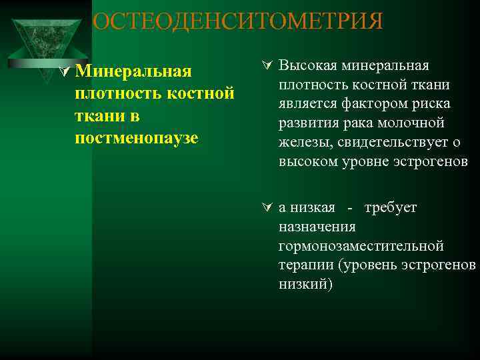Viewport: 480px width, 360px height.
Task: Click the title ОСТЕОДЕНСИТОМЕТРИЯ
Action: pos(238,21)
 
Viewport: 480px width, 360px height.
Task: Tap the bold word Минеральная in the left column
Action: pos(133,71)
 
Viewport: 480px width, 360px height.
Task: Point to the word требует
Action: pos(391,207)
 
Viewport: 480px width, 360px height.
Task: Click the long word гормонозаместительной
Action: pos(361,246)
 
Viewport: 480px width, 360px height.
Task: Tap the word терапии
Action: pos(305,265)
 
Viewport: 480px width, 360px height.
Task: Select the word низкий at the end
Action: pos(304,285)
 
